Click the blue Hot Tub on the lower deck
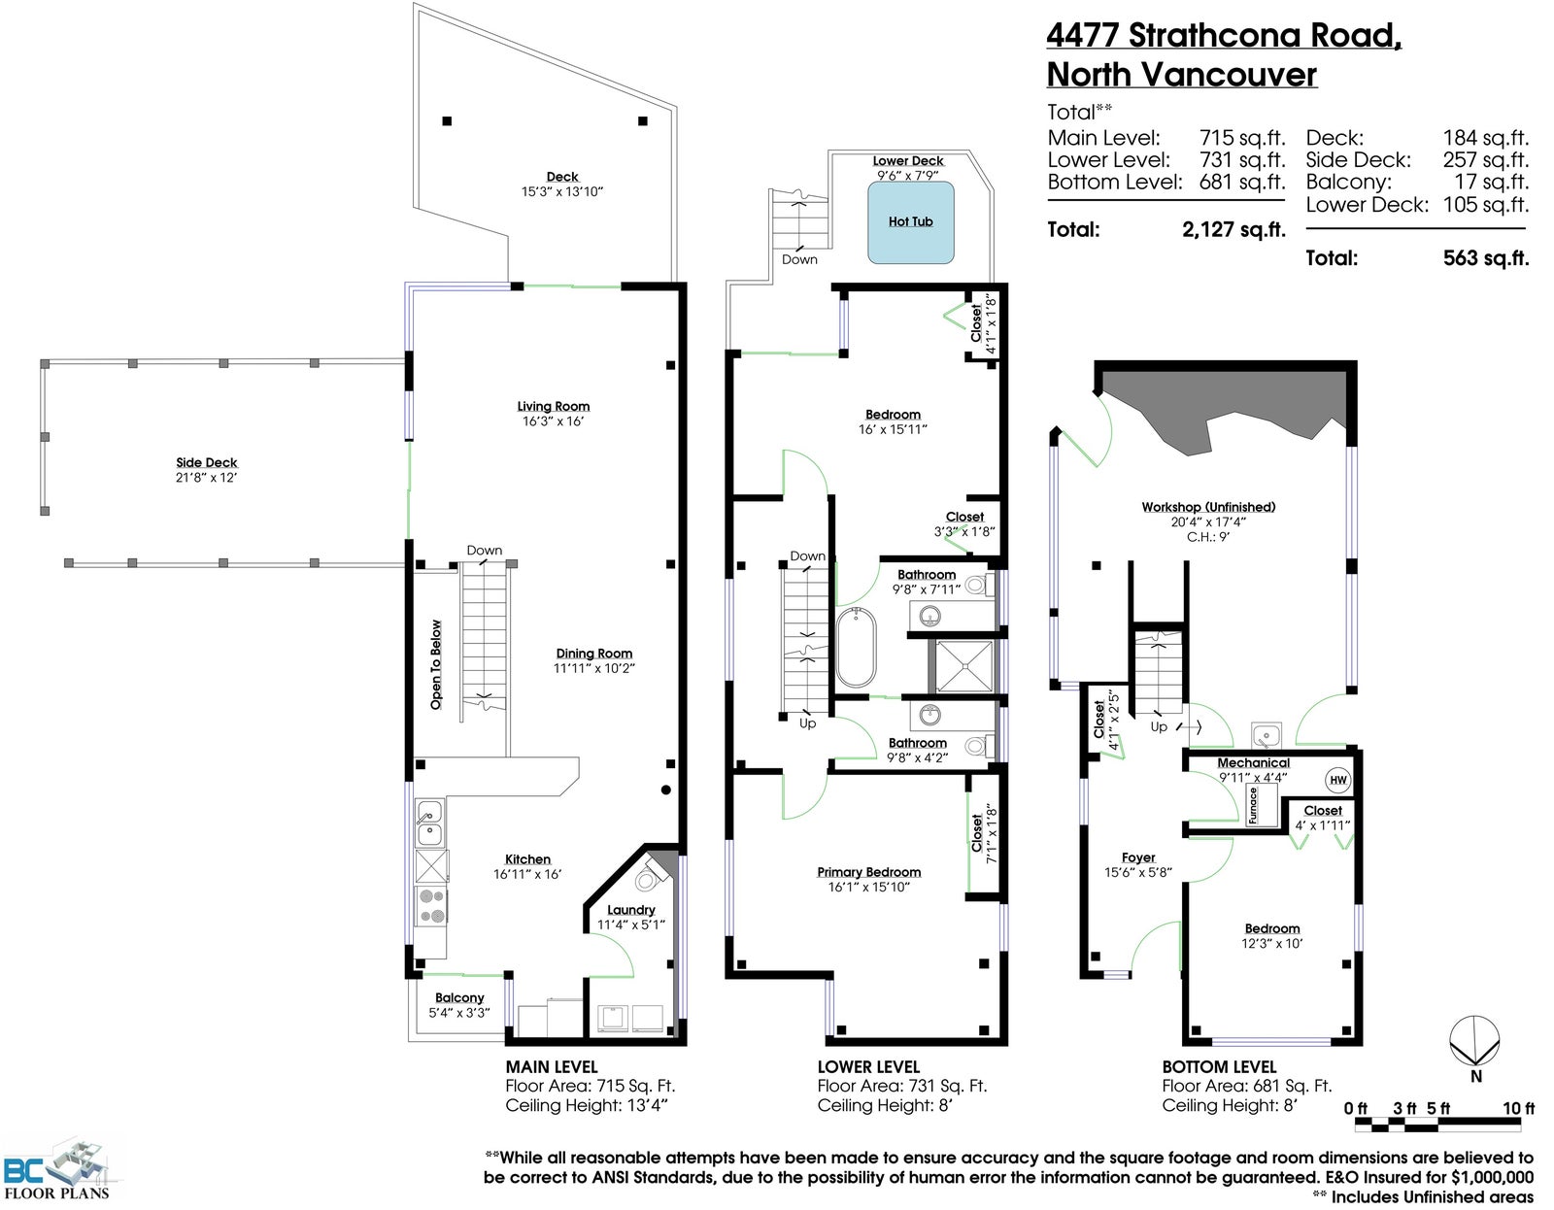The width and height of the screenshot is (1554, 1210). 910,222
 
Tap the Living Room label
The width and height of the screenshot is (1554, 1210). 554,406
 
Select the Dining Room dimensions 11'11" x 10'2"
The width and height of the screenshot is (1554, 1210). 594,668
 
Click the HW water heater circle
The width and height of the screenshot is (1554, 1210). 1338,781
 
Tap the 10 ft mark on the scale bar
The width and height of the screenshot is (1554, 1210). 1518,1108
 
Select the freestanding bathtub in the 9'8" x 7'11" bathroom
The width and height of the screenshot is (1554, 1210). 856,648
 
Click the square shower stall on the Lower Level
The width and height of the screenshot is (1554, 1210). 964,666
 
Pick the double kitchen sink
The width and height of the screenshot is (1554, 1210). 429,823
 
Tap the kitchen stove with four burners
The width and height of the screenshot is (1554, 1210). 431,905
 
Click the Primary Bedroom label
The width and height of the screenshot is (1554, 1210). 869,872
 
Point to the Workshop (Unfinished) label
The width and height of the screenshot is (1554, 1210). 1208,507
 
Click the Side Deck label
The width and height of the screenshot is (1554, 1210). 207,462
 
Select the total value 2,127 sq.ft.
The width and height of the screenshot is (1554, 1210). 1233,229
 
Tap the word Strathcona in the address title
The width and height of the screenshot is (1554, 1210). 1213,35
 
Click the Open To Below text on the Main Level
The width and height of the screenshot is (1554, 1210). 435,664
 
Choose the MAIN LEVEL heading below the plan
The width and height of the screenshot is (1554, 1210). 552,1067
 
